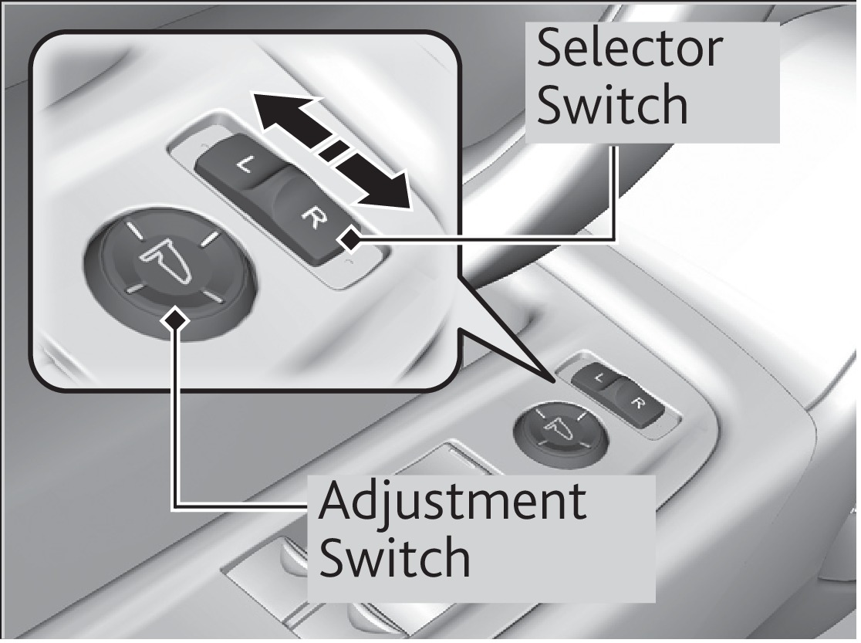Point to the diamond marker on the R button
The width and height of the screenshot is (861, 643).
(x=351, y=242)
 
